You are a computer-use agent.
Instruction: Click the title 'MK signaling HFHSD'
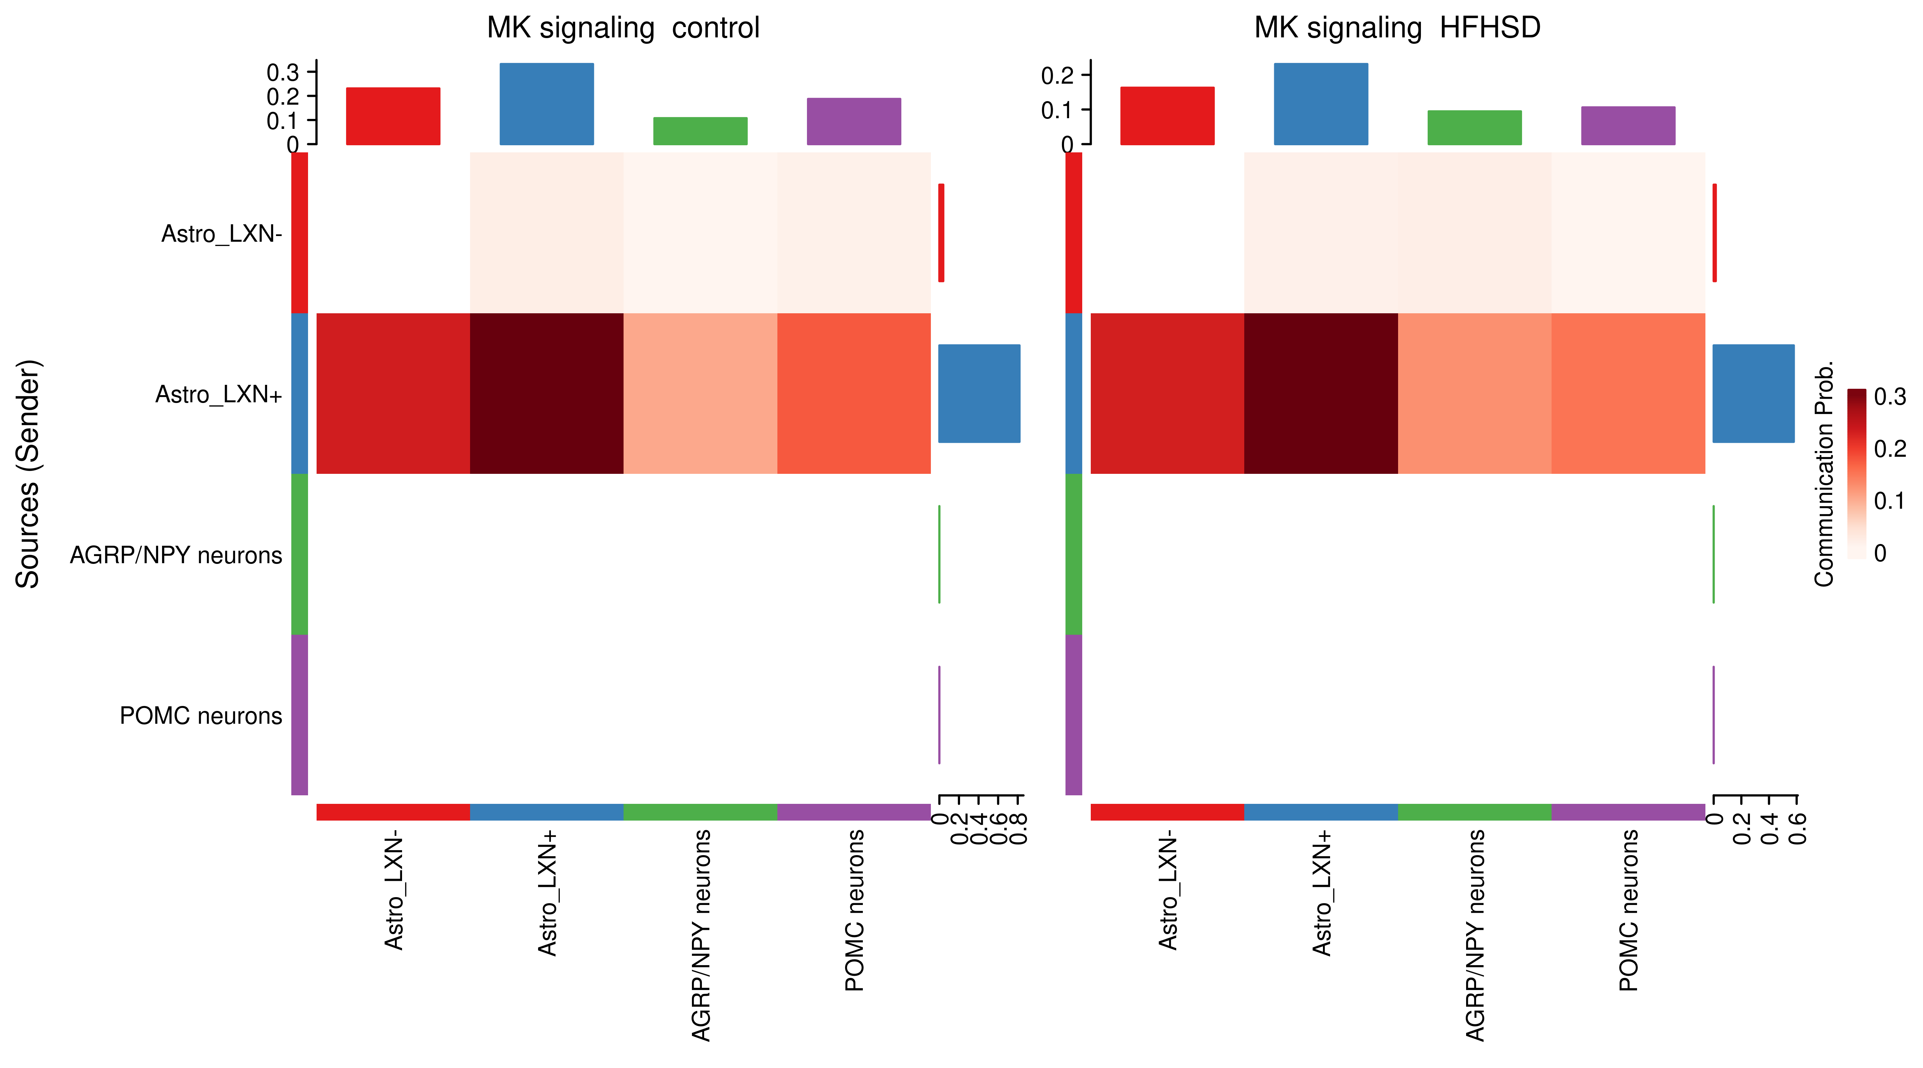1397,28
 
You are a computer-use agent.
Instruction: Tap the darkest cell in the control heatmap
546,393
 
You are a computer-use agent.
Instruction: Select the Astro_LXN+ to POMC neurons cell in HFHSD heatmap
1628,393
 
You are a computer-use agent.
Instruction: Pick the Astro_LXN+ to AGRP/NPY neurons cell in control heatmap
700,393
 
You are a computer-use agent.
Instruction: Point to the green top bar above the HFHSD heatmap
1474,127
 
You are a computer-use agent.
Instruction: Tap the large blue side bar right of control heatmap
979,393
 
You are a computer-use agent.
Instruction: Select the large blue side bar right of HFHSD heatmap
1753,393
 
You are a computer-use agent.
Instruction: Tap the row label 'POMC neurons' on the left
201,716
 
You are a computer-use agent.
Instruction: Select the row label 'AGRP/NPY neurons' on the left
176,555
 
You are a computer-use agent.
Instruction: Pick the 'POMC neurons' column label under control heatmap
854,911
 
